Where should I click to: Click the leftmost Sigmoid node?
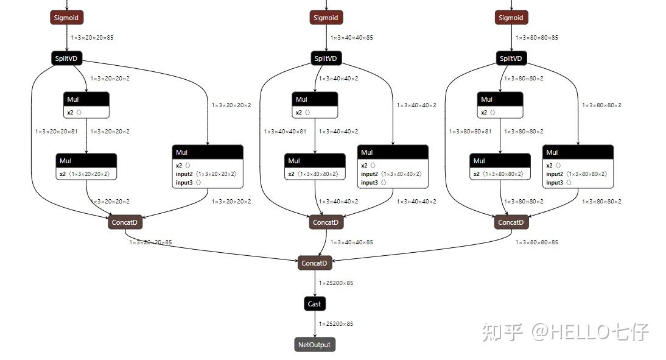pyautogui.click(x=67, y=18)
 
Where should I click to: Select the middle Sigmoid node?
pyautogui.click(x=326, y=18)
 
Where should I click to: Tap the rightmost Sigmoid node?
pyautogui.click(x=511, y=18)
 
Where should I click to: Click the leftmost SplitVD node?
pyautogui.click(x=67, y=58)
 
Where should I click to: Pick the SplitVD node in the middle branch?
pyautogui.click(x=326, y=58)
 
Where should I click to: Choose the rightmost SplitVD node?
pyautogui.click(x=511, y=58)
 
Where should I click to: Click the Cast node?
pyautogui.click(x=314, y=303)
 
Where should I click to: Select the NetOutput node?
pyautogui.click(x=314, y=345)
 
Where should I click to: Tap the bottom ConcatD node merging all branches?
pyautogui.click(x=315, y=263)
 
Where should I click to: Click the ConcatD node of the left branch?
pyautogui.click(x=125, y=222)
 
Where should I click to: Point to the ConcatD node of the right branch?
pyautogui.click(x=511, y=222)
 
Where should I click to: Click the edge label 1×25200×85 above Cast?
pyautogui.click(x=336, y=283)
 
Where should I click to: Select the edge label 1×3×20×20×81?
pyautogui.click(x=56, y=132)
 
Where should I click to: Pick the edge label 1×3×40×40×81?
pyautogui.click(x=285, y=132)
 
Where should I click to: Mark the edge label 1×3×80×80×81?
pyautogui.click(x=470, y=132)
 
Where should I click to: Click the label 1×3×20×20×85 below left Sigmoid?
pyautogui.click(x=92, y=38)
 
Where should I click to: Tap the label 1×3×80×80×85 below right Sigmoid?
pyautogui.click(x=536, y=38)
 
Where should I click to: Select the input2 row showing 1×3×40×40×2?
pyautogui.click(x=391, y=174)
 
